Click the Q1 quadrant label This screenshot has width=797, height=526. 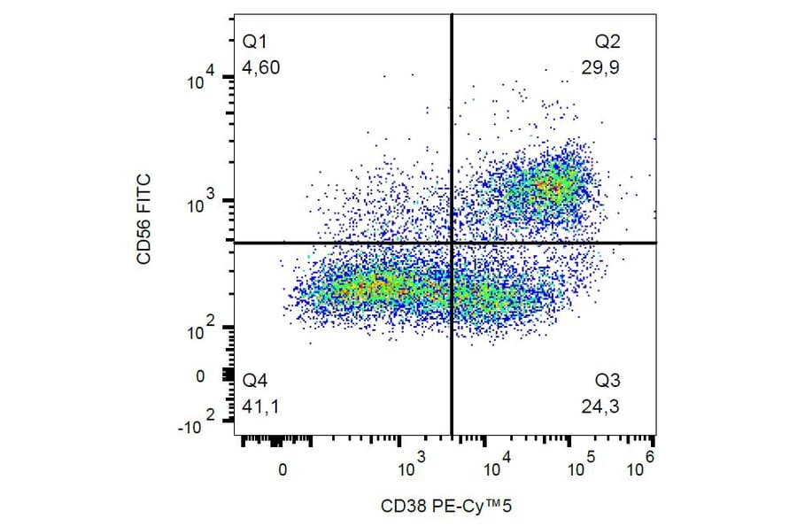[255, 42]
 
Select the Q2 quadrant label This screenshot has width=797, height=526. [607, 42]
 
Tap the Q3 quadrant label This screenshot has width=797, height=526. [607, 382]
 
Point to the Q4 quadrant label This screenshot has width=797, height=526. [255, 382]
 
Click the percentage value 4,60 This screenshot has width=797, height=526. [261, 67]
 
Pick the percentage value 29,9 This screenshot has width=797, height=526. [601, 67]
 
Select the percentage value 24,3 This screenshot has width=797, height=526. [601, 406]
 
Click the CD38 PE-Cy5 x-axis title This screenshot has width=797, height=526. [447, 507]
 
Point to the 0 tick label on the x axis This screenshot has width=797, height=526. [282, 469]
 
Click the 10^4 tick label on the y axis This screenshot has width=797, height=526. [206, 81]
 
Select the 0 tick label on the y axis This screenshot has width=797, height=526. [200, 376]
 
